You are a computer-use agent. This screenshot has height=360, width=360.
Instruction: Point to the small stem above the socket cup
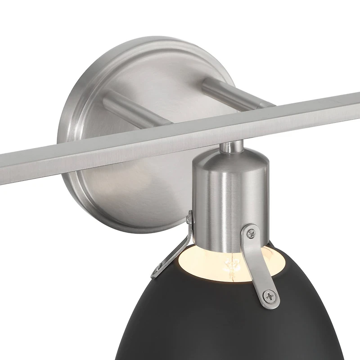[230, 147]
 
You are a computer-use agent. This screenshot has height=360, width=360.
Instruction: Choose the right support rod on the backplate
[234, 92]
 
